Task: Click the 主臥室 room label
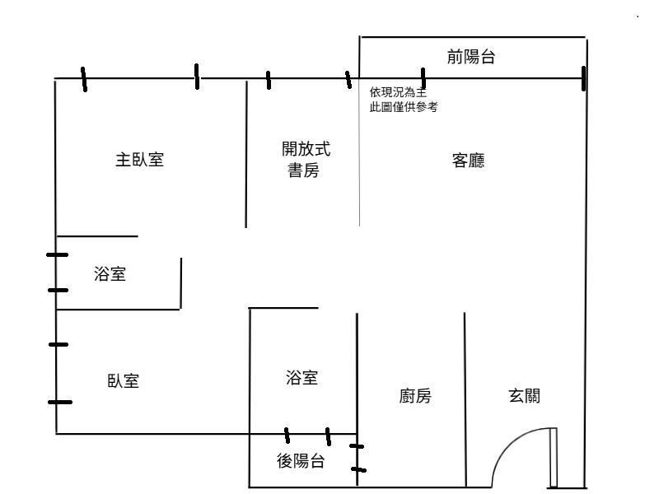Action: click(x=139, y=160)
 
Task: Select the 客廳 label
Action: click(x=468, y=161)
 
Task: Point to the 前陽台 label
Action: click(x=471, y=57)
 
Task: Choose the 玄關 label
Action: click(x=524, y=396)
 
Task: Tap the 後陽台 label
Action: click(x=300, y=462)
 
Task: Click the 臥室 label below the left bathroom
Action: click(x=123, y=381)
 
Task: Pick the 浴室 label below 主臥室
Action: click(x=110, y=274)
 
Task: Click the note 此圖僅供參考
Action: click(x=404, y=107)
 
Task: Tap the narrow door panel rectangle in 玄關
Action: click(x=554, y=457)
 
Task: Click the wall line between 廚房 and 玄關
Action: click(x=465, y=395)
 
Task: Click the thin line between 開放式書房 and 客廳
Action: click(x=360, y=165)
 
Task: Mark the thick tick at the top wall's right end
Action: click(x=583, y=78)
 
